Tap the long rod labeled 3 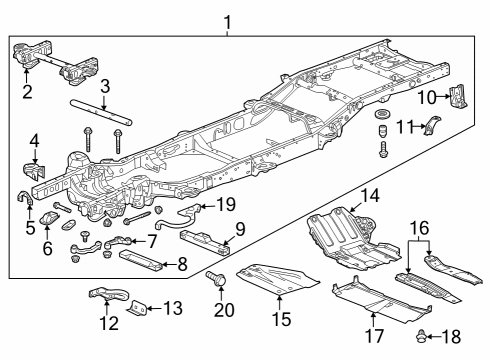coord(99,109)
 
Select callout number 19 coord(225,205)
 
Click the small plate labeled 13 coord(141,307)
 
